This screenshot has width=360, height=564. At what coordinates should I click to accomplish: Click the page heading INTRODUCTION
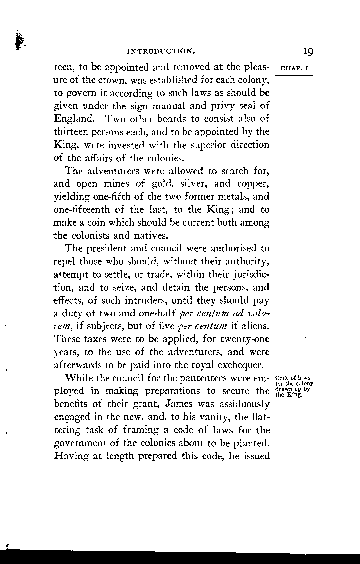(x=161, y=51)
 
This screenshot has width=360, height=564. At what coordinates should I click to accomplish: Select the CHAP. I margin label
(x=295, y=69)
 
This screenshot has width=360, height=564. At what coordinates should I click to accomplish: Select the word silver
(x=193, y=184)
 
